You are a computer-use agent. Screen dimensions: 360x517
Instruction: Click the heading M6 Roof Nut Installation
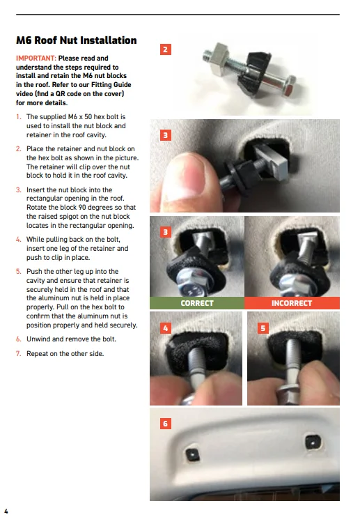77,40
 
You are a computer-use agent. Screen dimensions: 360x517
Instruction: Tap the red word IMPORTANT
36,59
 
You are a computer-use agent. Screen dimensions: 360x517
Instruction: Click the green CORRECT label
197,303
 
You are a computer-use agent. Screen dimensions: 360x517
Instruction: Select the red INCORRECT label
292,303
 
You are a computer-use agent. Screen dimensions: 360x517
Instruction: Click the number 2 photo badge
165,49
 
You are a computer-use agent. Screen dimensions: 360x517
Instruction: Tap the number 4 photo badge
165,328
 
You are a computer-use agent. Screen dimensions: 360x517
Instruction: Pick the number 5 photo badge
263,328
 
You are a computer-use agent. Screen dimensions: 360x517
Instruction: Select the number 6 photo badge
165,424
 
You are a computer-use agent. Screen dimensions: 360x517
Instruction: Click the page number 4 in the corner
6,511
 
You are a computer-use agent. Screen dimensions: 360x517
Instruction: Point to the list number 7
18,354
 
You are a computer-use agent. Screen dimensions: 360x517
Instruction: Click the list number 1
18,117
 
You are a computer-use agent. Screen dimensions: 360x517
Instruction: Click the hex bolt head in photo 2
289,86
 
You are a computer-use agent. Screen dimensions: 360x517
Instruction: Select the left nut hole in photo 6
193,454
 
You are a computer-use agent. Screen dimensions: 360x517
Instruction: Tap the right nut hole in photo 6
313,442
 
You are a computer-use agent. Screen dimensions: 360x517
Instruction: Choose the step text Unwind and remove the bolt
71,339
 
